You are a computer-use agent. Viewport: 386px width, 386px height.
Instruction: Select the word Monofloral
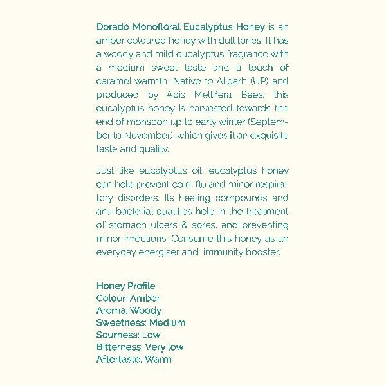[156, 27]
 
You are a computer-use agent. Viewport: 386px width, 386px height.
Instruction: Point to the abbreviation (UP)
[263, 82]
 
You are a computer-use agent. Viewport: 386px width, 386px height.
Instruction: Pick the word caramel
[113, 82]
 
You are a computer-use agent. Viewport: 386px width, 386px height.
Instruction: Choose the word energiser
[157, 253]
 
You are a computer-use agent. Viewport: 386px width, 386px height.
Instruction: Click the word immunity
[223, 253]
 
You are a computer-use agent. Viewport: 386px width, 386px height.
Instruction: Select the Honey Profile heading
[125, 286]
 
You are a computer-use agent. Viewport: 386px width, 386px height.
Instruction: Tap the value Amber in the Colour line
[145, 298]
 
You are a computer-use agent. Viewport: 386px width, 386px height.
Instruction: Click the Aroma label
[111, 310]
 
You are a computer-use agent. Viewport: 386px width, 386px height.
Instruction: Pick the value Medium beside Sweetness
[167, 322]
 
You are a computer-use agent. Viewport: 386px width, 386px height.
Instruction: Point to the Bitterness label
[118, 347]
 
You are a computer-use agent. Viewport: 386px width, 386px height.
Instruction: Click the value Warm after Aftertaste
[158, 359]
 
